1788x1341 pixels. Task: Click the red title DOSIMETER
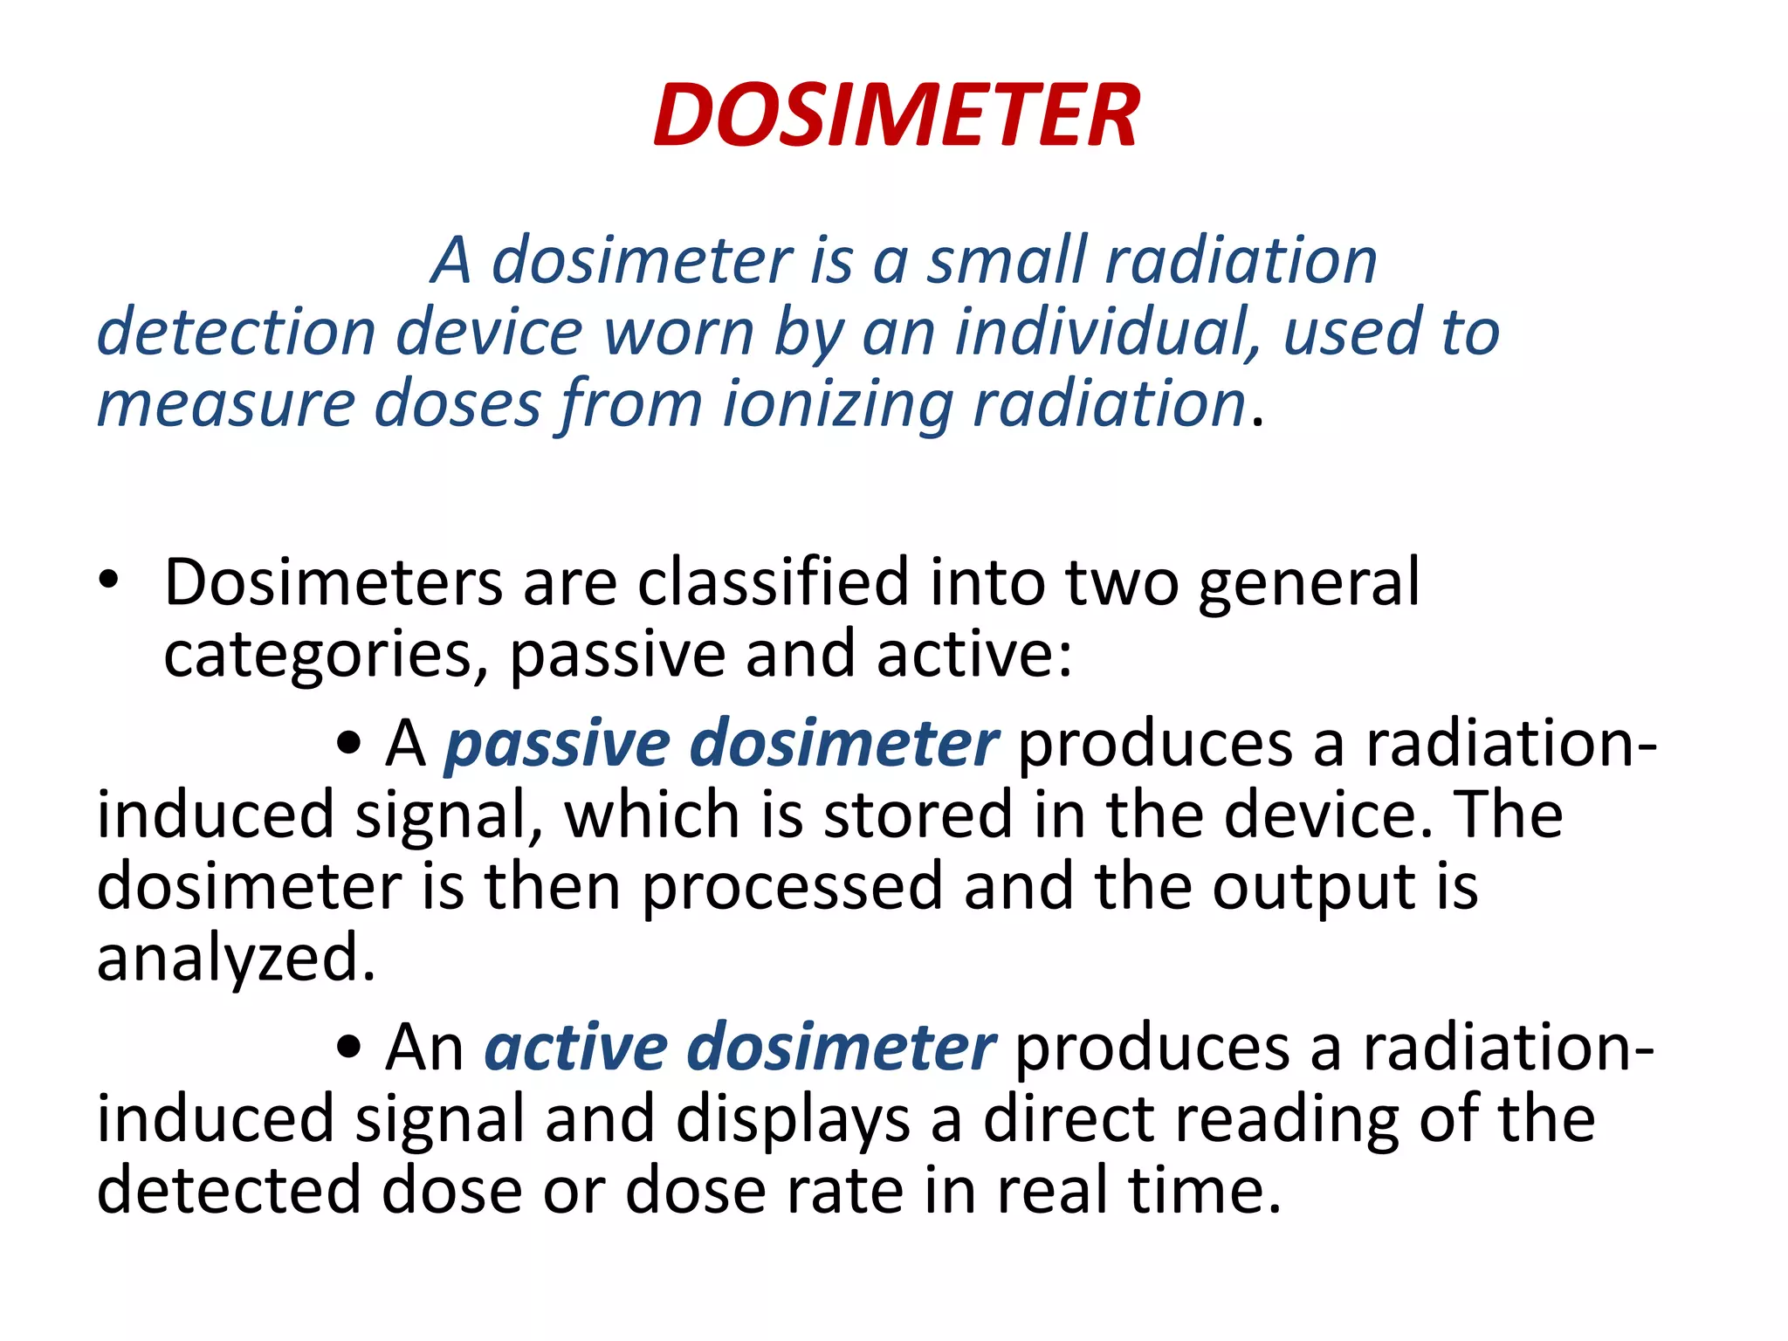896,116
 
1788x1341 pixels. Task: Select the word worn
678,333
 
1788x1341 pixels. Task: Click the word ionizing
838,404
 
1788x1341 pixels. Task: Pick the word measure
225,404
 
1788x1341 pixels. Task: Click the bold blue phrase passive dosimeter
720,744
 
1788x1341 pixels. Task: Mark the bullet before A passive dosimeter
348,744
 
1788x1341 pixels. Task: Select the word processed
792,887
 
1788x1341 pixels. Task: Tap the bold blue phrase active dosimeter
739,1047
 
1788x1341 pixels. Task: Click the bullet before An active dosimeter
348,1048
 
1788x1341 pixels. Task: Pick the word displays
792,1119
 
